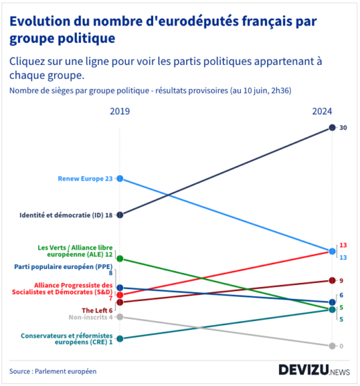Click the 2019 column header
click(120, 111)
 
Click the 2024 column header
click(322, 111)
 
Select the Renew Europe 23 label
click(85, 178)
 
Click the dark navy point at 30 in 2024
click(332, 127)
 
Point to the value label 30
click(343, 127)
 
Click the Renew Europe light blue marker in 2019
click(120, 178)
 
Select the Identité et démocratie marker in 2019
click(120, 214)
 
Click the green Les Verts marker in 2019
click(120, 259)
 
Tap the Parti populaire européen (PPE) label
click(63, 267)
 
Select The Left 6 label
click(97, 310)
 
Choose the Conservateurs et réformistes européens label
click(67, 339)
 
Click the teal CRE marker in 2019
click(120, 339)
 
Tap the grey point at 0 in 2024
click(332, 346)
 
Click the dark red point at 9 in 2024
click(332, 280)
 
